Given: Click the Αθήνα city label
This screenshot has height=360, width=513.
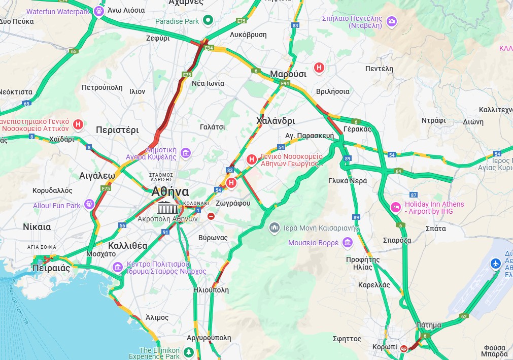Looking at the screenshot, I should click(170, 192).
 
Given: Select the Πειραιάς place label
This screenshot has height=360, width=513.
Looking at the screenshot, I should click(51, 268).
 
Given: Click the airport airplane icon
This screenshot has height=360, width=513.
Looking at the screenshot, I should click(496, 264).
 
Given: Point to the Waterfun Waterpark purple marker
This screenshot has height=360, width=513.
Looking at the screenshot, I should click(99, 11).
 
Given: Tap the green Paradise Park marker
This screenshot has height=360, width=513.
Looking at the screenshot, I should click(207, 21).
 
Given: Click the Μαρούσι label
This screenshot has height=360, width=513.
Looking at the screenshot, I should click(288, 74).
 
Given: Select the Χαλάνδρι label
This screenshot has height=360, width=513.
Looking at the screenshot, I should click(276, 121).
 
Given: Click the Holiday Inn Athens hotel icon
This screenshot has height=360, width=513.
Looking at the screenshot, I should click(396, 208).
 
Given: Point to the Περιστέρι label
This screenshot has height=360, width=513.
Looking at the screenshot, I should click(117, 130).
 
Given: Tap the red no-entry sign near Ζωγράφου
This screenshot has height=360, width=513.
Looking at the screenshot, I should click(211, 216).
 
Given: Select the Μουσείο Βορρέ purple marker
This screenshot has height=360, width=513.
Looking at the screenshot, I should click(347, 242).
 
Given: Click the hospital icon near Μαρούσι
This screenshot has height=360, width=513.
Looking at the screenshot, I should click(319, 67).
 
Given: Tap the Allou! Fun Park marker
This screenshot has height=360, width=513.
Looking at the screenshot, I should click(89, 205).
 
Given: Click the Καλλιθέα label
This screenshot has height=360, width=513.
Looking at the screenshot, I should click(128, 246).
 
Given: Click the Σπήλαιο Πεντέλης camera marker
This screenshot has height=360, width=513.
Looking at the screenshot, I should click(391, 21).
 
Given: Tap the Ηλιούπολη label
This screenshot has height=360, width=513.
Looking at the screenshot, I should click(211, 290).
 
